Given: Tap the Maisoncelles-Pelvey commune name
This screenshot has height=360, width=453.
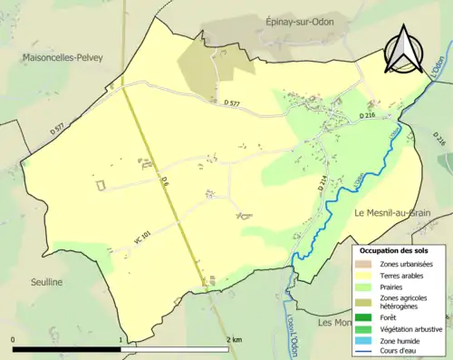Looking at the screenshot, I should (57, 59).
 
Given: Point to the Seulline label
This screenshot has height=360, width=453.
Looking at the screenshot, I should (43, 282).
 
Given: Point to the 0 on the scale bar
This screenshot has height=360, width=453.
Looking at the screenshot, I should (14, 339).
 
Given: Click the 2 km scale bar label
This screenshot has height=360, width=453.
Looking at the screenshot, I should (234, 339).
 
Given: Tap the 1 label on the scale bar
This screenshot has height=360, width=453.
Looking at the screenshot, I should (121, 339).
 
